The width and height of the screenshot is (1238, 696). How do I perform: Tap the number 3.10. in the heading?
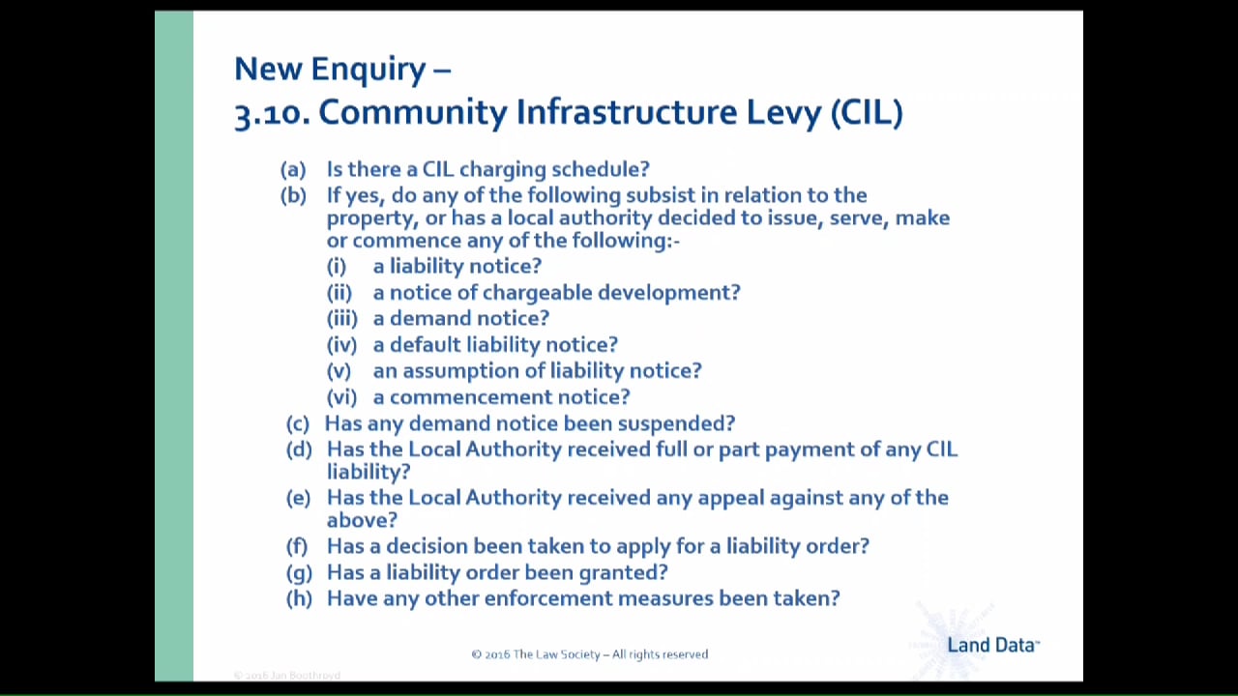(272, 113)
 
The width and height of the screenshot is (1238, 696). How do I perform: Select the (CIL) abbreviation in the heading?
(867, 113)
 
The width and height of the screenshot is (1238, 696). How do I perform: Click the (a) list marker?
(292, 169)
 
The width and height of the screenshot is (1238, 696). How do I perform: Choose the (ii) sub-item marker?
(339, 292)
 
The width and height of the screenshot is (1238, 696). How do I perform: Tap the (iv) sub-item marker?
(340, 344)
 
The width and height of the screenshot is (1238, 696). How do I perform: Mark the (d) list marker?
(299, 449)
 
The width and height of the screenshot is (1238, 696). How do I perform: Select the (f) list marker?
(297, 546)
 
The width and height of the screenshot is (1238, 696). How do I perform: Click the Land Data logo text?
(992, 645)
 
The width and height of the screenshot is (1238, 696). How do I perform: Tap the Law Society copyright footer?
(589, 654)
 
